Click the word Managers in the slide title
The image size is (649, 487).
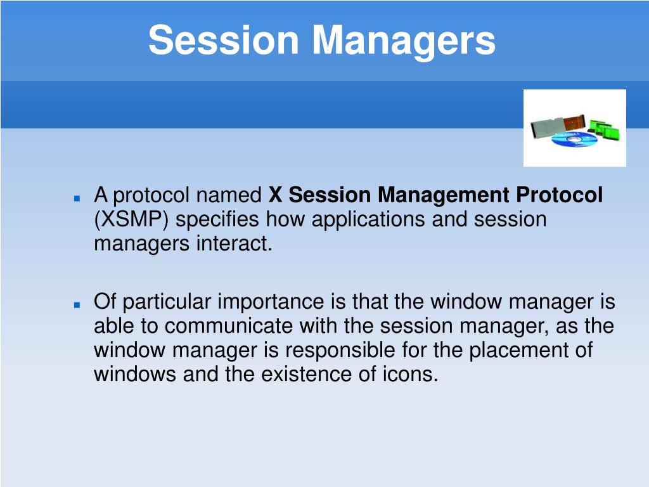pos(404,41)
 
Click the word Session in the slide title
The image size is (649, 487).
pos(224,39)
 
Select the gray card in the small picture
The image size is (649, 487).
pos(547,126)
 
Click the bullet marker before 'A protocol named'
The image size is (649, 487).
pos(77,198)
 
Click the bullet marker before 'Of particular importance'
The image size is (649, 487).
pos(77,305)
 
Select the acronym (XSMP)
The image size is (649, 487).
pos(131,219)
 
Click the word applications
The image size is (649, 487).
pos(368,219)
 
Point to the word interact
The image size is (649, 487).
pos(235,243)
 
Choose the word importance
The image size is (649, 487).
pos(271,301)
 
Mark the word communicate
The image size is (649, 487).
pos(228,326)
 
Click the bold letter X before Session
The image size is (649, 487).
pos(275,195)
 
